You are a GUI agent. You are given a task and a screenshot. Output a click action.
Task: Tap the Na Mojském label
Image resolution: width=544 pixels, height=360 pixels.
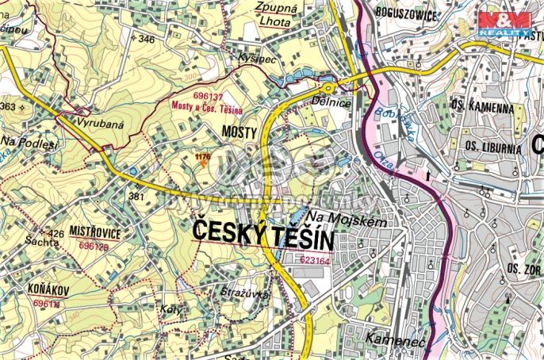point(346,223)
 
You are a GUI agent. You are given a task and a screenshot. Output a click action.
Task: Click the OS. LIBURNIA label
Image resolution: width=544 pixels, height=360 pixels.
point(492,147)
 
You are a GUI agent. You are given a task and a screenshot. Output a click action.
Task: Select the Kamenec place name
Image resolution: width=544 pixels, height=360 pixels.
point(396,339)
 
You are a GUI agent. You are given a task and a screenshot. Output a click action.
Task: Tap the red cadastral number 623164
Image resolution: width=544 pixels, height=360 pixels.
point(315,259)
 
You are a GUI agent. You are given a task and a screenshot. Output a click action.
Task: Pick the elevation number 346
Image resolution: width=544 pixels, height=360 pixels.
point(146,39)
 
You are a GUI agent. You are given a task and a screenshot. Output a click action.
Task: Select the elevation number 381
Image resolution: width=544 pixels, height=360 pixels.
point(136,196)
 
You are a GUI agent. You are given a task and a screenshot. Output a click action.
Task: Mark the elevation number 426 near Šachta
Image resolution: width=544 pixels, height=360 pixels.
point(56,233)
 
